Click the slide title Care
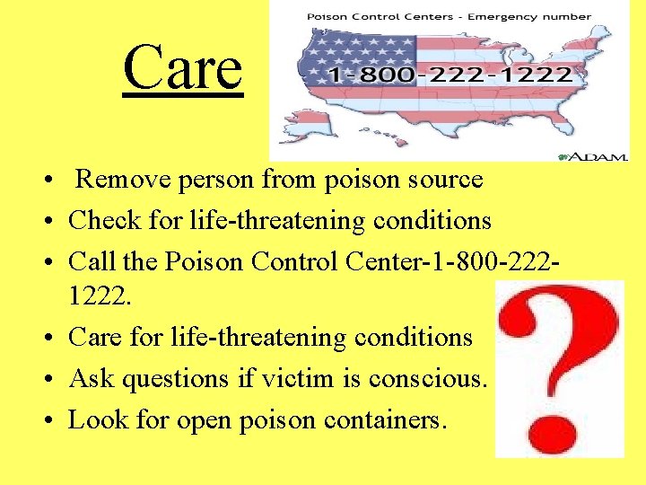183,67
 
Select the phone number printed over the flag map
450,75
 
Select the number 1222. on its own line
100,297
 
